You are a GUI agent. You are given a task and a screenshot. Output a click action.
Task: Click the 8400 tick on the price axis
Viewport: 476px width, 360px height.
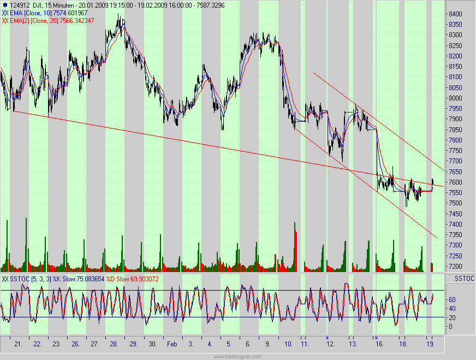tap(456, 14)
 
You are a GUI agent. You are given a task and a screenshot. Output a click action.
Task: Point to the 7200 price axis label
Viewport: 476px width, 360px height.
tap(456, 267)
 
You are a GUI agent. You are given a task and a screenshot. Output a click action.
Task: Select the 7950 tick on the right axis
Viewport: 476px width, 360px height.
tap(456, 109)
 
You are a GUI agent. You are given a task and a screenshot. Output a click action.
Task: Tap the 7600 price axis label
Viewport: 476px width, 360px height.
tap(456, 182)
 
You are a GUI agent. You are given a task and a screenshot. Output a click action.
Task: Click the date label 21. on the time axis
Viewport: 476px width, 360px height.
tap(19, 345)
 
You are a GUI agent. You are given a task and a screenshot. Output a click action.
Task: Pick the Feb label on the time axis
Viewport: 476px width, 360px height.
tap(171, 345)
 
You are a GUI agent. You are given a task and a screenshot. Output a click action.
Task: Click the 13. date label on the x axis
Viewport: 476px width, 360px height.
tap(354, 345)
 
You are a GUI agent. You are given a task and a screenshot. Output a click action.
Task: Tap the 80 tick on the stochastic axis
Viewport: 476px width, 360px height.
tap(451, 290)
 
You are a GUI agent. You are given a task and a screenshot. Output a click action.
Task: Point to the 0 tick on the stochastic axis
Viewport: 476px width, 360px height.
tap(450, 327)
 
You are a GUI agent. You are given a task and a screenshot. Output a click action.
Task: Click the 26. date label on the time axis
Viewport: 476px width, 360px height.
tap(75, 345)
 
